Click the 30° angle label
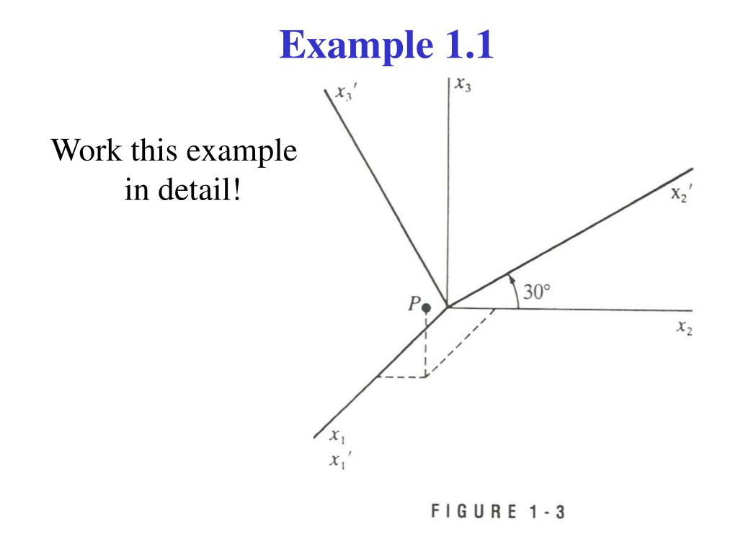[x=536, y=292]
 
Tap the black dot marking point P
[x=426, y=308]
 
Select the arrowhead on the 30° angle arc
[x=510, y=276]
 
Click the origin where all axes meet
[x=448, y=307]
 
